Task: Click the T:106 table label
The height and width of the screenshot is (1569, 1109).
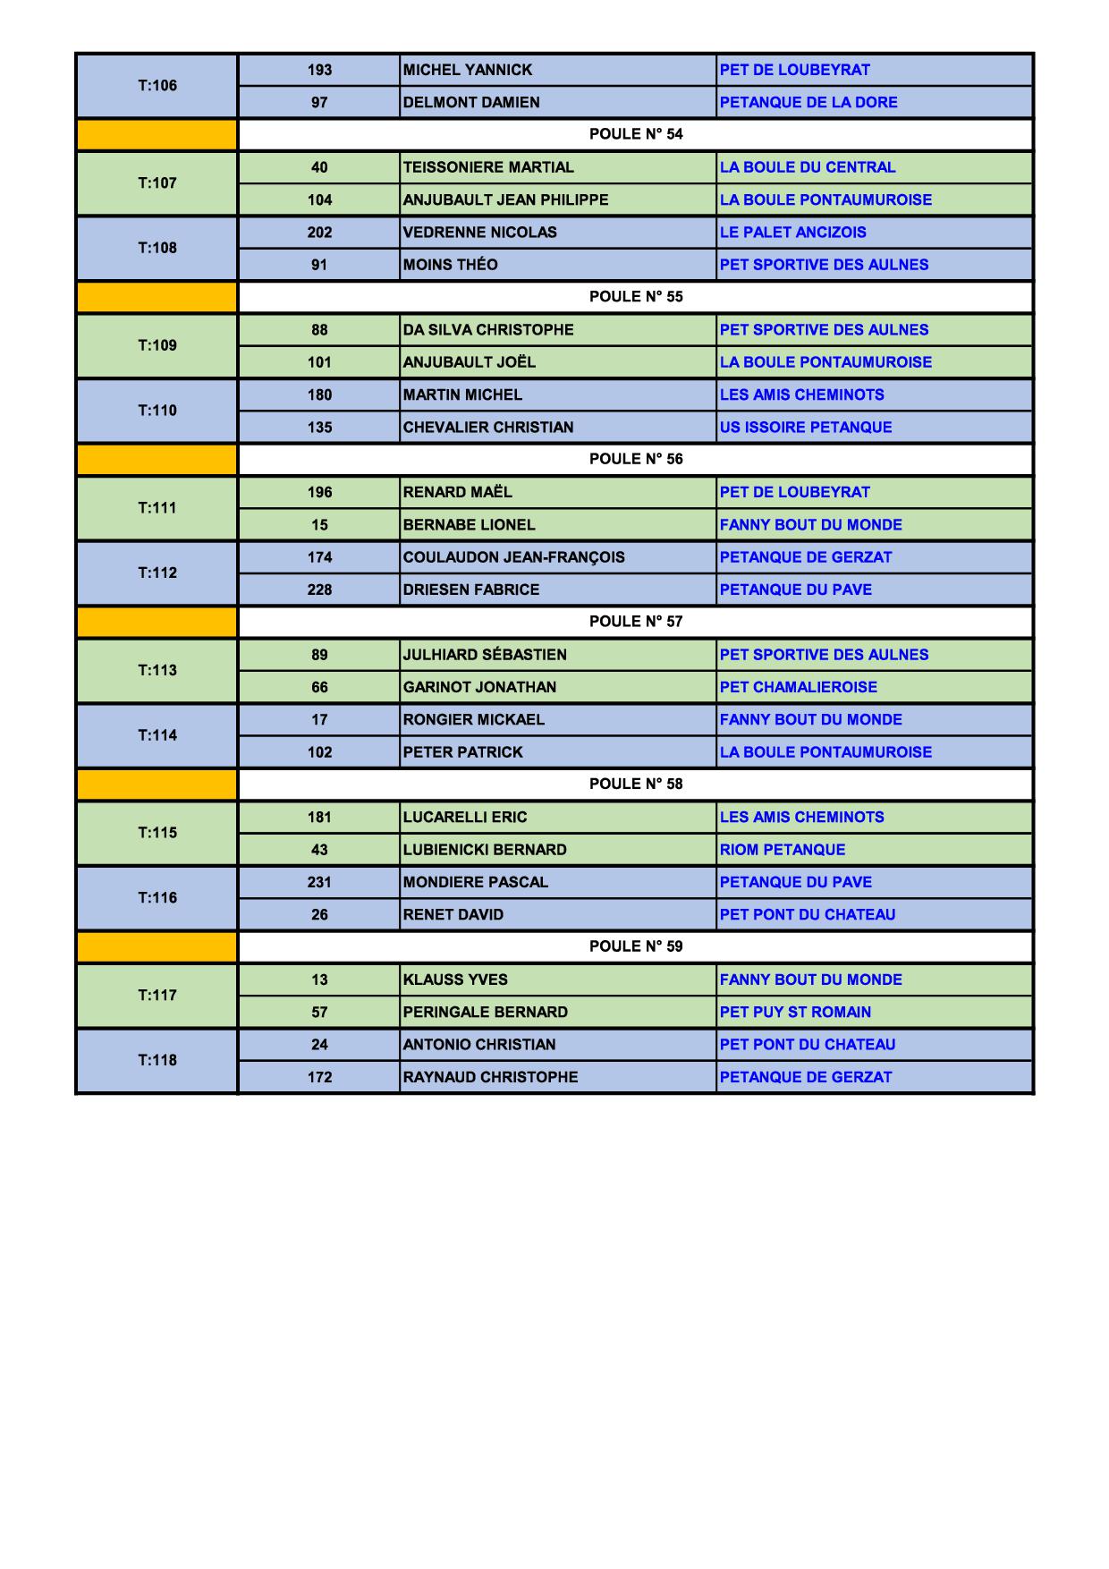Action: [157, 86]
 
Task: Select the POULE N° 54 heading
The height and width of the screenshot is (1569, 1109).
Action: [635, 134]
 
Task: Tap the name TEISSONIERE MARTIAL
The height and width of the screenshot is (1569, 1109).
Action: [488, 167]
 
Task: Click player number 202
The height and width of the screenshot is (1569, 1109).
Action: [319, 233]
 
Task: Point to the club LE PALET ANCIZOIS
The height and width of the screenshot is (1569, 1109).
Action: [792, 233]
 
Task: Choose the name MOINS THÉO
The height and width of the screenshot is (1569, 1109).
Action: [450, 265]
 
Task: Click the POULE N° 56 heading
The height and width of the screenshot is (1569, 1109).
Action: [635, 459]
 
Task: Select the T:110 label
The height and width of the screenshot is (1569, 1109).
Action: [157, 411]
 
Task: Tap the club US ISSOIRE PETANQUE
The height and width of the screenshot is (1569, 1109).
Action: [805, 428]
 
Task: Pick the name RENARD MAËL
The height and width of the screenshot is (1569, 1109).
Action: [457, 492]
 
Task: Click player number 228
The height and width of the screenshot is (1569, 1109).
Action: [319, 589]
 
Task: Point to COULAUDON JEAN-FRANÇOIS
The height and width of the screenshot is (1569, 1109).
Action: [513, 557]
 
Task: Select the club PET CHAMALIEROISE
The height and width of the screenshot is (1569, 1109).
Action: [798, 687]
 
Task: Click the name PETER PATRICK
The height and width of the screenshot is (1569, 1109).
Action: [462, 752]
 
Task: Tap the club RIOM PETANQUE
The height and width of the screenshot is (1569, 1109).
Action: [782, 850]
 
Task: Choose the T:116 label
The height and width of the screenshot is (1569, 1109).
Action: [157, 898]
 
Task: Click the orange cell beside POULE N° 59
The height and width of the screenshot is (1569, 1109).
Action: [157, 946]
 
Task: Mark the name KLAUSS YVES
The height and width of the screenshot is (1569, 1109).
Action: [454, 980]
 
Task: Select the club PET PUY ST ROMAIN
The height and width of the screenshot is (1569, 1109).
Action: [795, 1013]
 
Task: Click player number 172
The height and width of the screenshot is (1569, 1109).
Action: [319, 1077]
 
